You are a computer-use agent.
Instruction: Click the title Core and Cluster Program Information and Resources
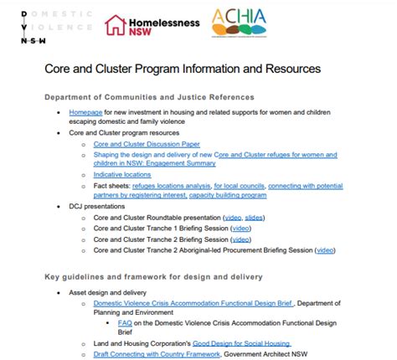pos(182,66)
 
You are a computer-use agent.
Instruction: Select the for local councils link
pos(239,185)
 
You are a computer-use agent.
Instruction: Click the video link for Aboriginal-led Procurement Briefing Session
pos(324,249)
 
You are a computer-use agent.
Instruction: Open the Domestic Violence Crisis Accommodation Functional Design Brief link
pos(188,302)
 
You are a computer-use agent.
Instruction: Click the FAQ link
pos(125,322)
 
